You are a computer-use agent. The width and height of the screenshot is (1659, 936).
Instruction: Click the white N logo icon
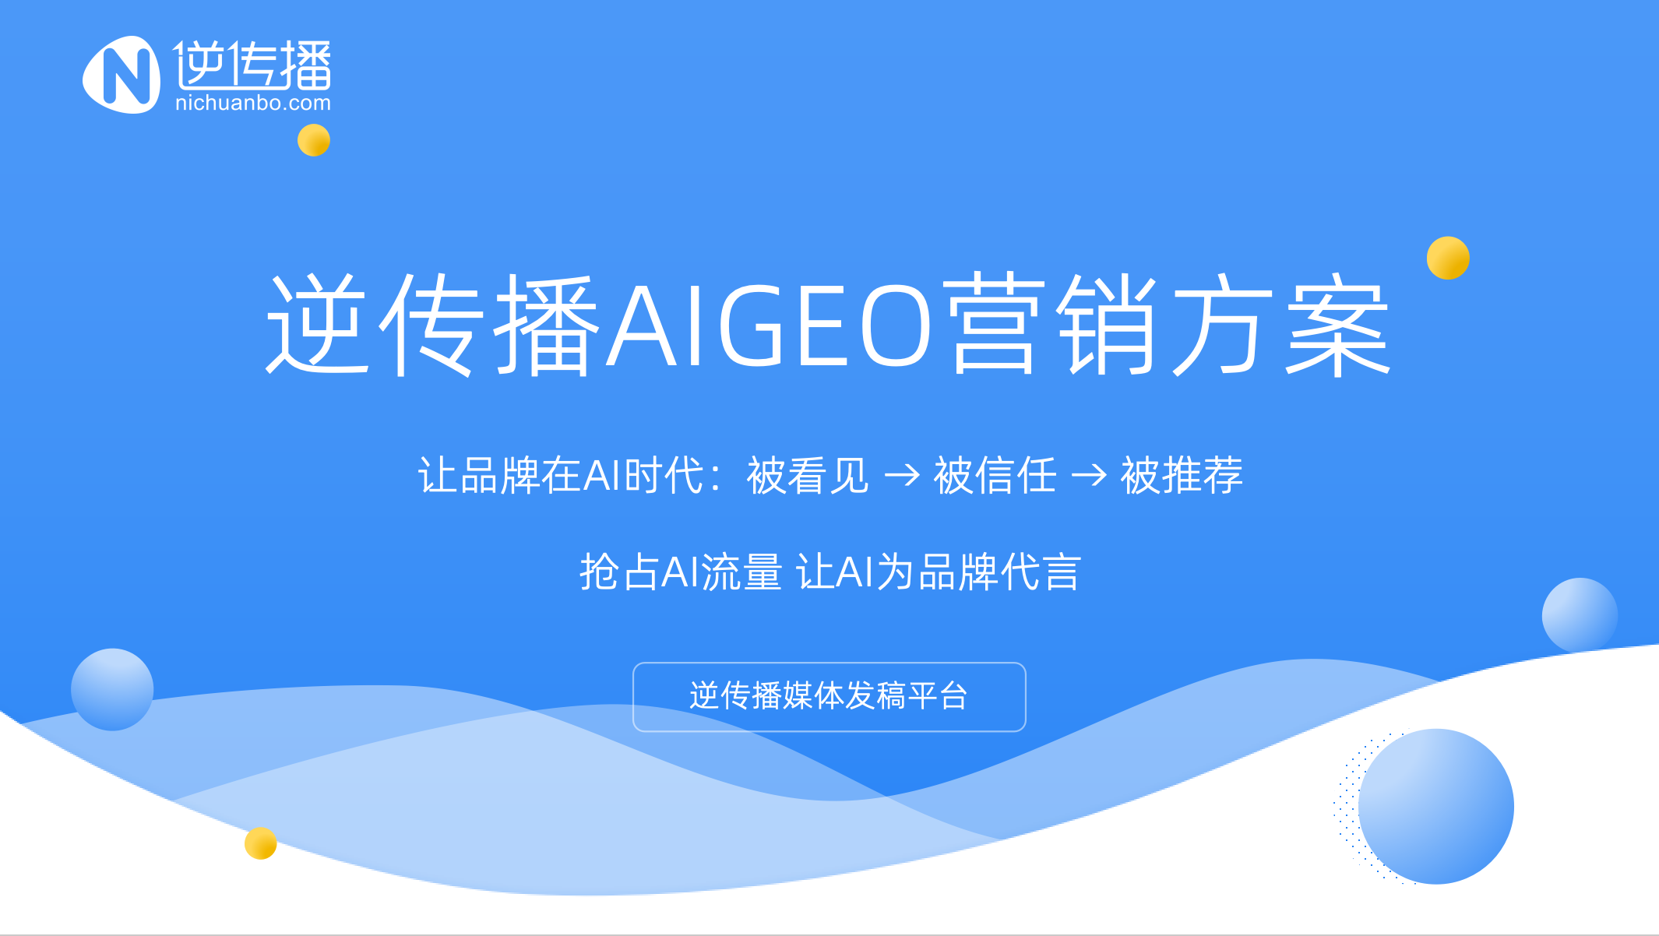(x=122, y=75)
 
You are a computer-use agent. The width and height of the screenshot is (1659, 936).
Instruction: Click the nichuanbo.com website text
(x=253, y=103)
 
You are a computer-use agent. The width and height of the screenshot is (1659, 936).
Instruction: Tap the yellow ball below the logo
(x=314, y=140)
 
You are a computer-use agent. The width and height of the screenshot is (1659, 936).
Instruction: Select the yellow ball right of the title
(x=1448, y=258)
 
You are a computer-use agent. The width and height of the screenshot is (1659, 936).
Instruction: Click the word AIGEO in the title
(x=770, y=325)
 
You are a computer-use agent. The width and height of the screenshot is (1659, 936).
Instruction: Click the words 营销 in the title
(x=1052, y=325)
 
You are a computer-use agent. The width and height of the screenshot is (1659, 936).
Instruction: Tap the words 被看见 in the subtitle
(x=808, y=475)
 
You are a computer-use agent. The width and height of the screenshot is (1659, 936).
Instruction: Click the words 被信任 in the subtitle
(x=995, y=475)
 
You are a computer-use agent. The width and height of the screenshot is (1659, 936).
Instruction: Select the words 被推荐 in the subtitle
(x=1182, y=475)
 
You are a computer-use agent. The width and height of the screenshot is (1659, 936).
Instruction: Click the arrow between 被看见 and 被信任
(x=902, y=474)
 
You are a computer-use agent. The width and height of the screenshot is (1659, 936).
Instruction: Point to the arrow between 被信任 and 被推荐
(x=1089, y=474)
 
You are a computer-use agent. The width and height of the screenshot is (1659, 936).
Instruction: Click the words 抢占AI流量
(x=681, y=572)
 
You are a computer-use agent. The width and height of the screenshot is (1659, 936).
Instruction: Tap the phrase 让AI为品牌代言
(x=939, y=572)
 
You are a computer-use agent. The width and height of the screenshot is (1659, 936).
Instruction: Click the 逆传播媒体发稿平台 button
(x=829, y=697)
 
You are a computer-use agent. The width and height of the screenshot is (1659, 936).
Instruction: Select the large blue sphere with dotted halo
(x=1436, y=807)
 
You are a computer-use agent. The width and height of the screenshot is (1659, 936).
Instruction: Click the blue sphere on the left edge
(x=112, y=689)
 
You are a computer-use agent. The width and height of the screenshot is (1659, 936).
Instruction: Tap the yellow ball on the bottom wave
(x=261, y=843)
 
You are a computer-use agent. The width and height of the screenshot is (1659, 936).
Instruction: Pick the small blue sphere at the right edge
(x=1580, y=615)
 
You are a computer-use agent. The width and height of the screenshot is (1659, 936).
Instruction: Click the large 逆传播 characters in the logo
(x=252, y=65)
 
